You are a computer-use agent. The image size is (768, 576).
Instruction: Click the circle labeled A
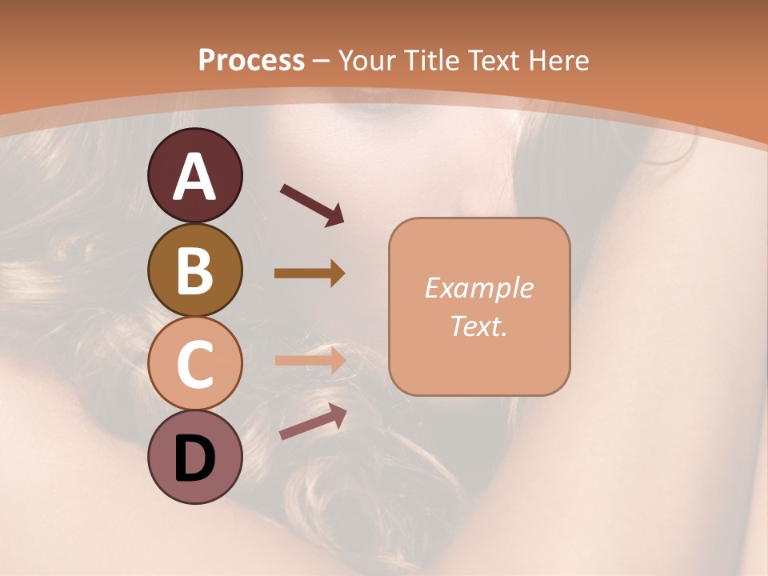pos(195,176)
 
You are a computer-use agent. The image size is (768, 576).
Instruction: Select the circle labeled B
pos(195,270)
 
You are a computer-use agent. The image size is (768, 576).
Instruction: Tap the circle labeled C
pos(195,364)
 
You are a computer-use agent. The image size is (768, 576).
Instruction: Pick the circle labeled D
pos(195,458)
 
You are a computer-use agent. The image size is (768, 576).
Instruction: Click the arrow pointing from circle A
pos(312,204)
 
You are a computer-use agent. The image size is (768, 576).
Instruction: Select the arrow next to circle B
pos(310,273)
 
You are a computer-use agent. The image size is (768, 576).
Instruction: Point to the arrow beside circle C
pos(310,360)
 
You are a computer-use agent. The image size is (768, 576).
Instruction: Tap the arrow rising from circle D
pos(313,422)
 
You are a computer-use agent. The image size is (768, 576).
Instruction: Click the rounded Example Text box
pos(479,306)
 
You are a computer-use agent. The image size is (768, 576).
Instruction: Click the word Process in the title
pos(251,60)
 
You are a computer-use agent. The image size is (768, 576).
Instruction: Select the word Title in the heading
pos(432,60)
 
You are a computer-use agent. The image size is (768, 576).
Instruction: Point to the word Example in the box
pos(478,288)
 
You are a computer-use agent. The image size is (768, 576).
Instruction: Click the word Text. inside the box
pos(478,326)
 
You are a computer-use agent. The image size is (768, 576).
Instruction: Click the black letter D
pos(195,459)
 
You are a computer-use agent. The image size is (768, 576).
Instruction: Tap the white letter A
pos(195,178)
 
